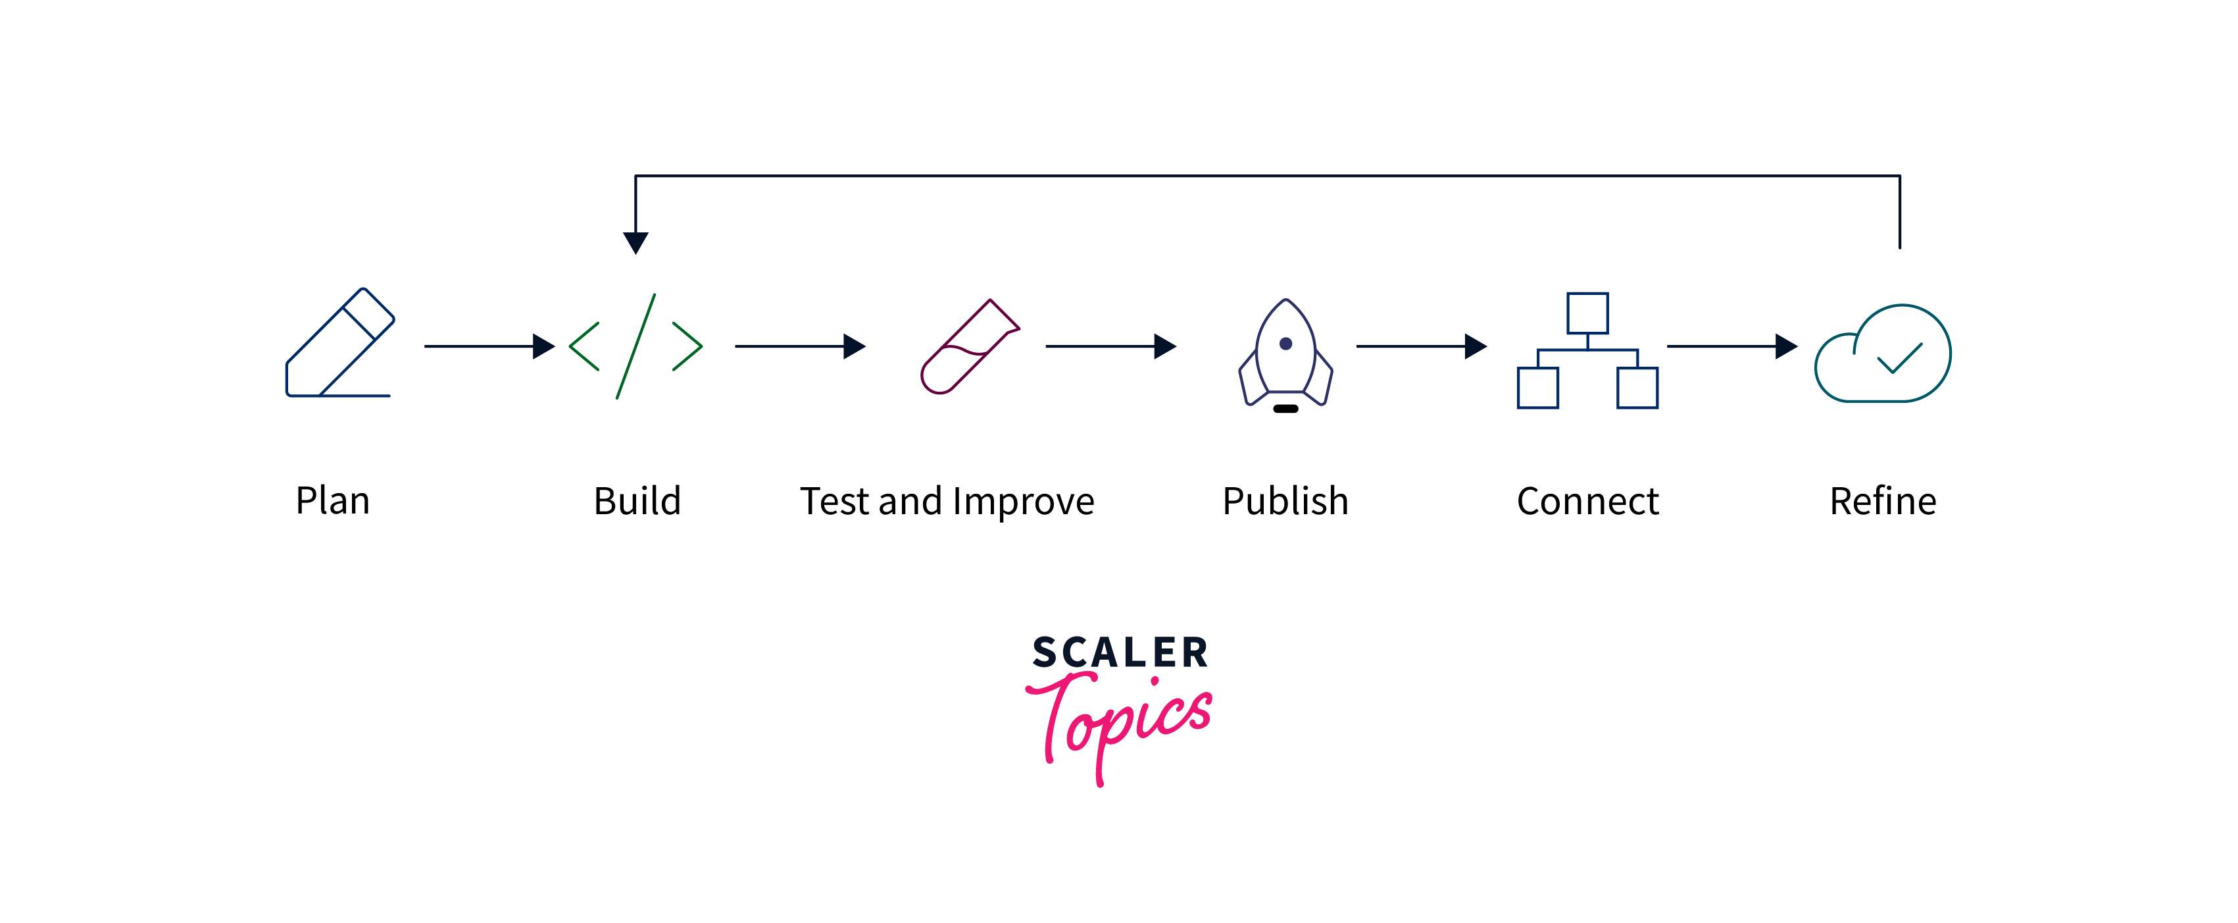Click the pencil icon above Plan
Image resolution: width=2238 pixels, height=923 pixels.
pyautogui.click(x=339, y=343)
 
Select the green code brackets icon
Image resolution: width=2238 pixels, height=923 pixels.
pyautogui.click(x=635, y=346)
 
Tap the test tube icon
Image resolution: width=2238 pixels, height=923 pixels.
pyautogui.click(x=969, y=347)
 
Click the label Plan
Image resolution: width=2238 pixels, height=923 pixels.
pyautogui.click(x=333, y=500)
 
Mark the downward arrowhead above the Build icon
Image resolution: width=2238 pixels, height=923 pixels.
pyautogui.click(x=635, y=242)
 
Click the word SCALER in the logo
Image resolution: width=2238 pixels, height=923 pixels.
pyautogui.click(x=1120, y=652)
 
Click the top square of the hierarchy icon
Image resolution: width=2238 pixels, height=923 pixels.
pyautogui.click(x=1587, y=313)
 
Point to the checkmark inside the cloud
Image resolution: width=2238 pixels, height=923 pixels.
pyautogui.click(x=1899, y=358)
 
